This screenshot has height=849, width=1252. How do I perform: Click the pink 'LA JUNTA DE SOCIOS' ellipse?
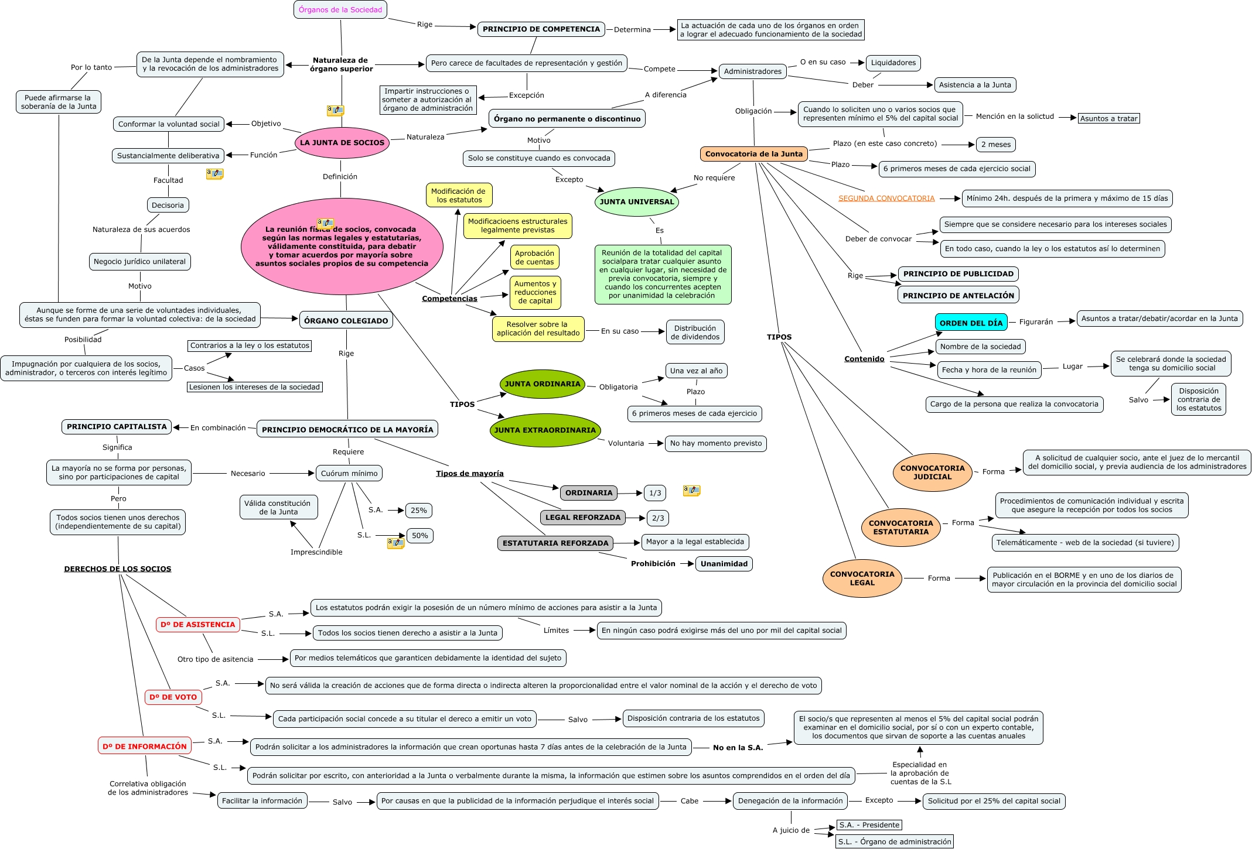click(342, 142)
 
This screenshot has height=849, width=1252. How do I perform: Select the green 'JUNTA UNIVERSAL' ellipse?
click(636, 202)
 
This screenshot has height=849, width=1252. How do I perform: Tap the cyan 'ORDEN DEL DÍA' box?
click(971, 323)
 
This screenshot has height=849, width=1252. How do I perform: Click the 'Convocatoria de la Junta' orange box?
click(753, 154)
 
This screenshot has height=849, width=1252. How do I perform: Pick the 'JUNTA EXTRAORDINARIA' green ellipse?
click(545, 430)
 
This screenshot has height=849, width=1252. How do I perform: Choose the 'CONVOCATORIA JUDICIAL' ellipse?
click(932, 472)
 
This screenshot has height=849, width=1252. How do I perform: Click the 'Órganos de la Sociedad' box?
click(340, 9)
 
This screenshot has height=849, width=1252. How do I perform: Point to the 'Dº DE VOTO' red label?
click(173, 697)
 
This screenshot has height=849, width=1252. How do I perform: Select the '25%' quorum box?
click(418, 510)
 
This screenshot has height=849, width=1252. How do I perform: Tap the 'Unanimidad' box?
click(724, 564)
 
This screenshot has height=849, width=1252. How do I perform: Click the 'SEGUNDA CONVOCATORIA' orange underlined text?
click(886, 198)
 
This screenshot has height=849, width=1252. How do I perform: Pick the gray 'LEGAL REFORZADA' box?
click(582, 518)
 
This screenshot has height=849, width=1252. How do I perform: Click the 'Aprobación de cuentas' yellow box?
click(534, 258)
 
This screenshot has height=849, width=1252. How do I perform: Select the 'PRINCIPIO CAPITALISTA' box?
click(117, 427)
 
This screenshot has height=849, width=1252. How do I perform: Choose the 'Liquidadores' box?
click(893, 63)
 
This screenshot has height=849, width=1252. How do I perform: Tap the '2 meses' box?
click(995, 145)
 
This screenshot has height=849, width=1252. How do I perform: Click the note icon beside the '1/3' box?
click(691, 490)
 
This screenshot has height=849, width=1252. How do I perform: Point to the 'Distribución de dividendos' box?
click(695, 333)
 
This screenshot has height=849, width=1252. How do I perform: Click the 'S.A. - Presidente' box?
click(869, 825)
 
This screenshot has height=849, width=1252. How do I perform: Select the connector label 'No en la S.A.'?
click(738, 748)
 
